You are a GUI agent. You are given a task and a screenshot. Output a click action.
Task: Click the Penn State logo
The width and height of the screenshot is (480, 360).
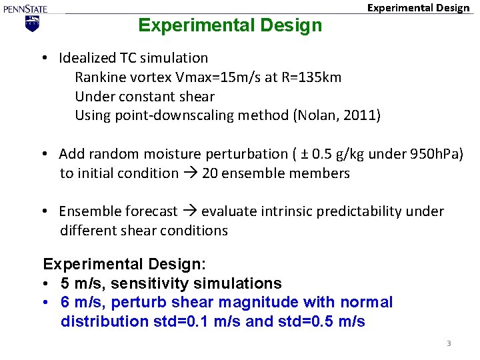tap(25, 17)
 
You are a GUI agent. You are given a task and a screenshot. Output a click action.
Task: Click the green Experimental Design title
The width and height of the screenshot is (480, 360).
tap(229, 25)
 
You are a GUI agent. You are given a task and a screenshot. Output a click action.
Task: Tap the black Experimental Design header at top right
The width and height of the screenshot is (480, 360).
tap(419, 8)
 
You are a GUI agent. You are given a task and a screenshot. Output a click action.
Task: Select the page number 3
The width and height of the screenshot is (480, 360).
tap(449, 343)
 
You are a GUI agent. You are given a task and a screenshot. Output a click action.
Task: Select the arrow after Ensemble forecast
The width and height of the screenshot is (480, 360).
tap(189, 211)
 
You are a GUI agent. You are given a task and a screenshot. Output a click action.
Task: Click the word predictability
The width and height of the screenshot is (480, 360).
tap(363, 211)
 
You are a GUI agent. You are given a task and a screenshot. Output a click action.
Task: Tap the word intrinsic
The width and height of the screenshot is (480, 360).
tap(282, 211)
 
